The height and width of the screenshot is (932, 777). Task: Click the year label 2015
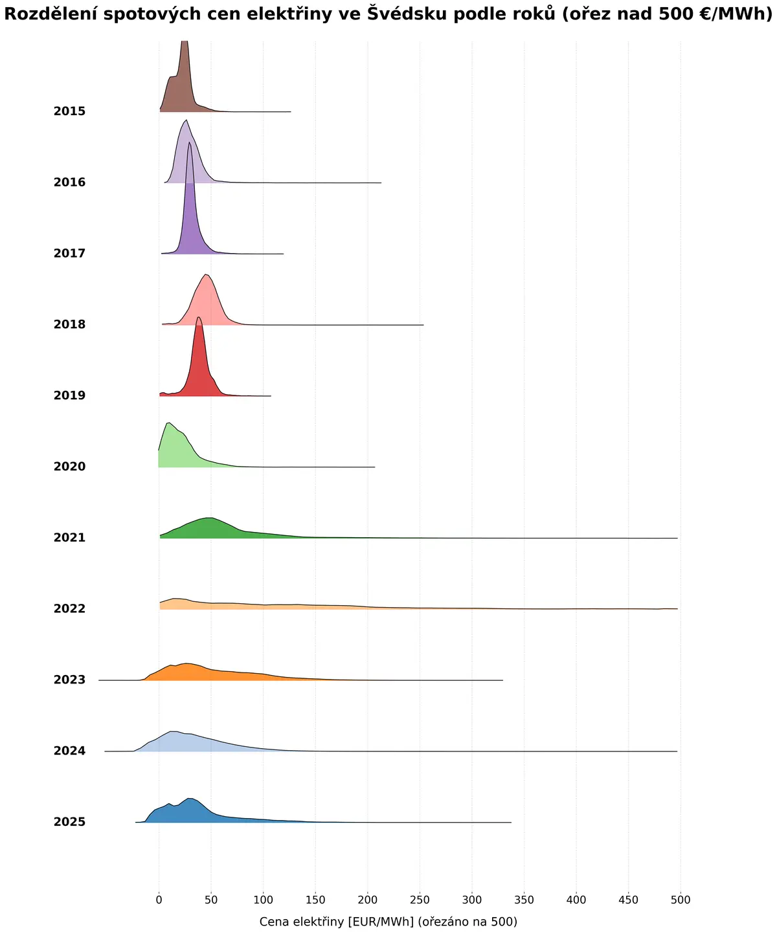[x=69, y=111]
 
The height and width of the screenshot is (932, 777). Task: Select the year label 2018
[x=69, y=324]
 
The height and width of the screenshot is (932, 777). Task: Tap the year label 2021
[x=69, y=538]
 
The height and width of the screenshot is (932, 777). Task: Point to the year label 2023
[x=69, y=680]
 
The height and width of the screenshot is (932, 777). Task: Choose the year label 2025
[x=69, y=822]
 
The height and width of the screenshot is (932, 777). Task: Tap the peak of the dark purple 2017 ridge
[x=190, y=142]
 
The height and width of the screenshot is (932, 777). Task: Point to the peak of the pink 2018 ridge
[x=205, y=274]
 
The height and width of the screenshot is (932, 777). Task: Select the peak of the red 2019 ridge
[x=199, y=317]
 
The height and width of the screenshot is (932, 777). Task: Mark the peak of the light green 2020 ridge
[x=169, y=423]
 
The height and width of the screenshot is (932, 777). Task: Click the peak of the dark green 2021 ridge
[x=210, y=518]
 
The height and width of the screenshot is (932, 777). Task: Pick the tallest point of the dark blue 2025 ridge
[x=189, y=799]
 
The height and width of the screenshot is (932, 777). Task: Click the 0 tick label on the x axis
[x=159, y=900]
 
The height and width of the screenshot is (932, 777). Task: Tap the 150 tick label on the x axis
[x=315, y=900]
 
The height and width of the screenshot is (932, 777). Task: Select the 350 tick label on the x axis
[x=524, y=900]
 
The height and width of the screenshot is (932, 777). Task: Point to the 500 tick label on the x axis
[x=681, y=900]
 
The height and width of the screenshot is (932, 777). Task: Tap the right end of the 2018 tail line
[x=423, y=325]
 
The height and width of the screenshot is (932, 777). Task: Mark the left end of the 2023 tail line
[x=98, y=680]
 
